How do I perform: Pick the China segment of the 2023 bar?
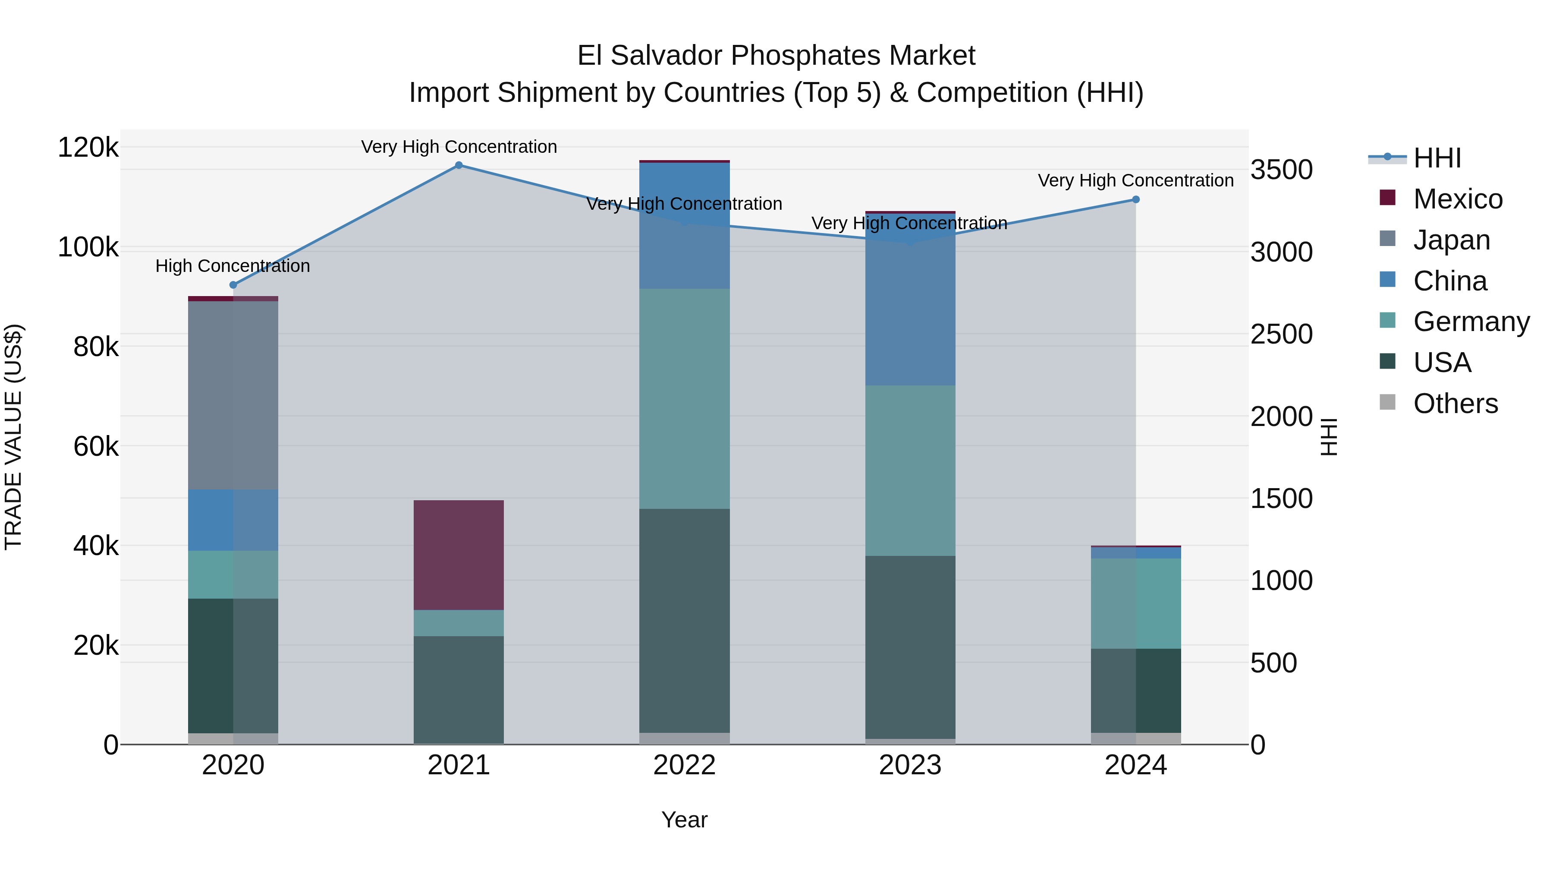click(x=910, y=300)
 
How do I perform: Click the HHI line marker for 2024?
click(x=1135, y=200)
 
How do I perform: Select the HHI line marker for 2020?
click(x=233, y=285)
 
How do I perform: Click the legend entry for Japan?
click(x=1450, y=240)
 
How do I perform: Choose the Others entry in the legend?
click(x=1455, y=404)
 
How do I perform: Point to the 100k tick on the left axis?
click(x=88, y=247)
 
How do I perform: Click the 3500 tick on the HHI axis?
click(x=1281, y=170)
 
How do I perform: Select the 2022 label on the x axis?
click(x=684, y=765)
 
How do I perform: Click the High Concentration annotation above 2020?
click(x=233, y=265)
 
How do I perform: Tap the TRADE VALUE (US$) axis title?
click(x=13, y=437)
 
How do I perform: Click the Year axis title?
click(x=684, y=820)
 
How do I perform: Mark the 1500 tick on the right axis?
click(x=1281, y=499)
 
